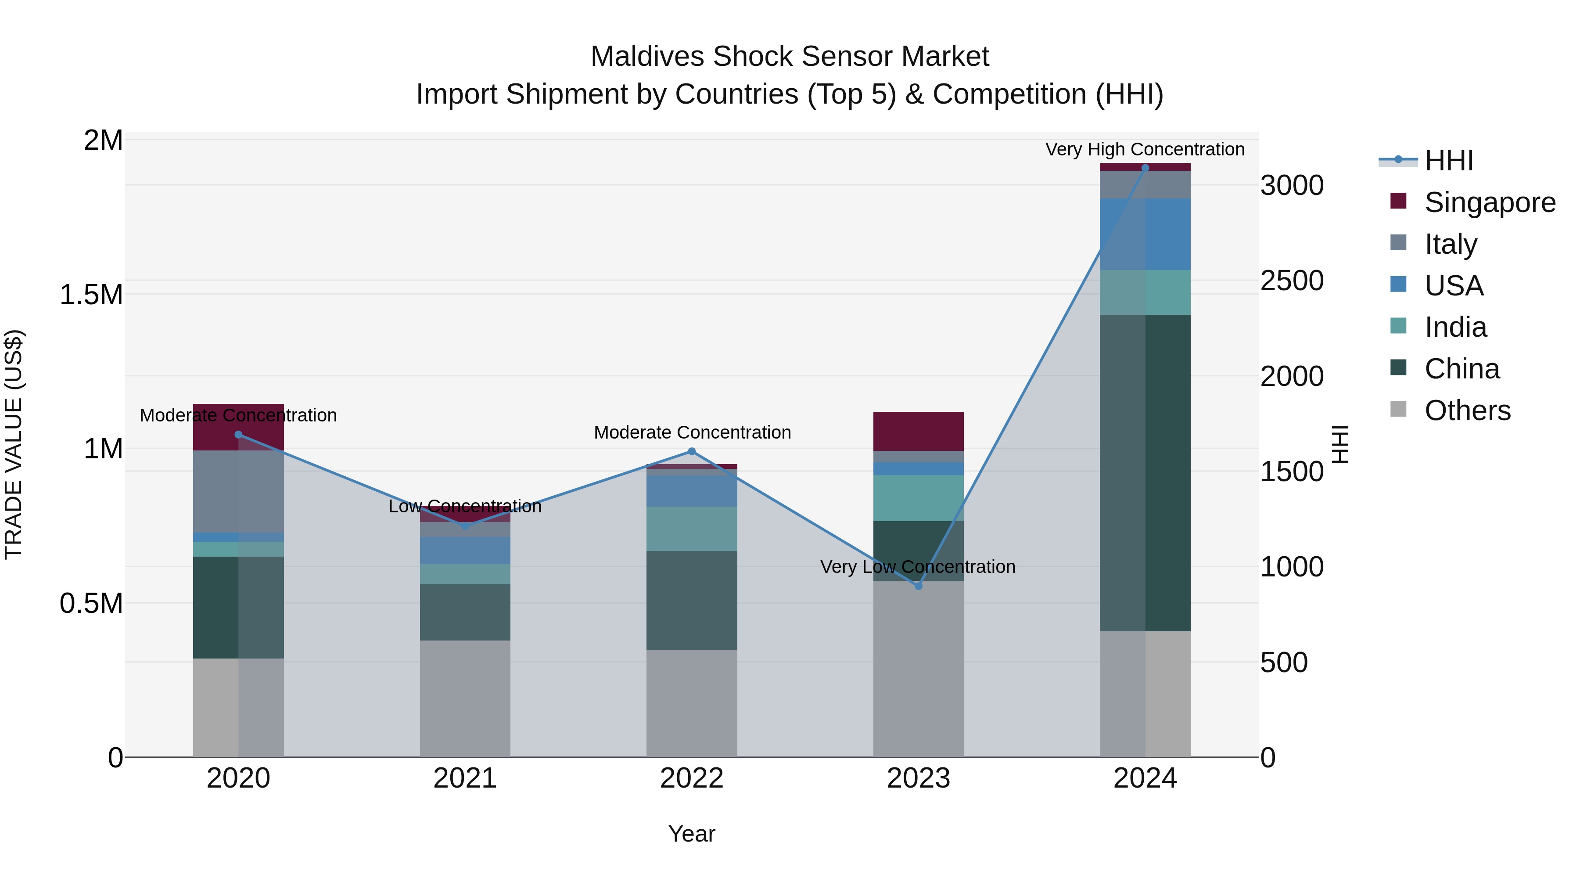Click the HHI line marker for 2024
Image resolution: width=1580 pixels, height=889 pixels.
coord(1145,168)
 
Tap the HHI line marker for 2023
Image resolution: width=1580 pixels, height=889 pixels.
coord(918,587)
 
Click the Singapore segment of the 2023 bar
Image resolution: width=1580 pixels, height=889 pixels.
coord(918,431)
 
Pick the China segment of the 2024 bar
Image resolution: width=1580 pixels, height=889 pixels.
coord(1145,472)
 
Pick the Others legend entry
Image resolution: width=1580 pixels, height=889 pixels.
coord(1466,410)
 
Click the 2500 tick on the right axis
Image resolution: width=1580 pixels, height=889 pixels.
coord(1292,281)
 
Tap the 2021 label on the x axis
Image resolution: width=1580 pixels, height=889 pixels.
coord(465,778)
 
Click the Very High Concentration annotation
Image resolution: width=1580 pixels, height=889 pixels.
coord(1145,149)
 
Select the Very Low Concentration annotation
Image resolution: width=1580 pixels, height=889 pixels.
coord(918,566)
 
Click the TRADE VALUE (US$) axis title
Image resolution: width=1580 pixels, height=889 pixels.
coord(14,444)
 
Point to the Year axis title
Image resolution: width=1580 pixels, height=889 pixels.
coord(691,834)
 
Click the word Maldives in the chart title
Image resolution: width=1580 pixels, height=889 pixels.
coord(646,57)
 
